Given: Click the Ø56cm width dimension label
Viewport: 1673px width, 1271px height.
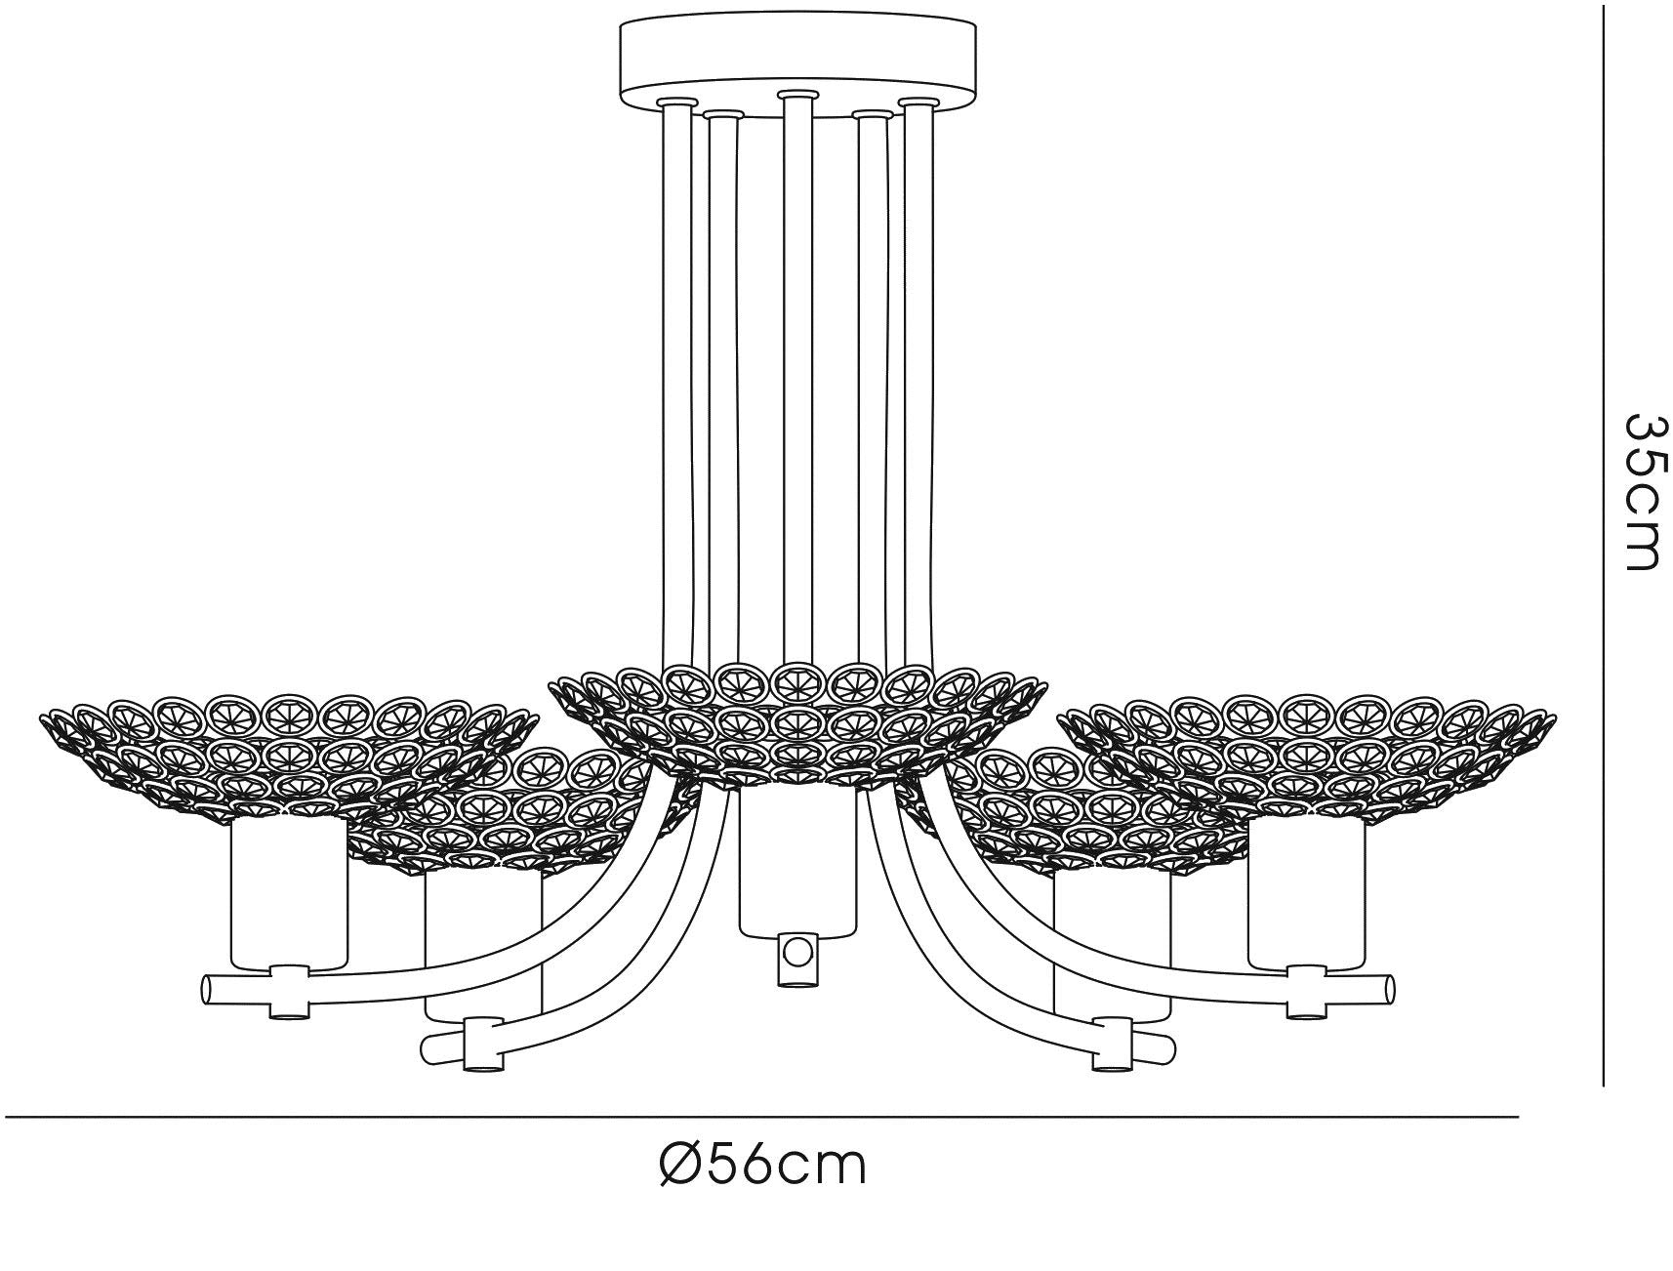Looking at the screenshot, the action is (x=763, y=1166).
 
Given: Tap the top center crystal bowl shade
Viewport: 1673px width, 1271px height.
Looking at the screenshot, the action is (x=798, y=720).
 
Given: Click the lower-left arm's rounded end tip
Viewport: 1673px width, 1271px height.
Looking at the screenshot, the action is (x=428, y=1048).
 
